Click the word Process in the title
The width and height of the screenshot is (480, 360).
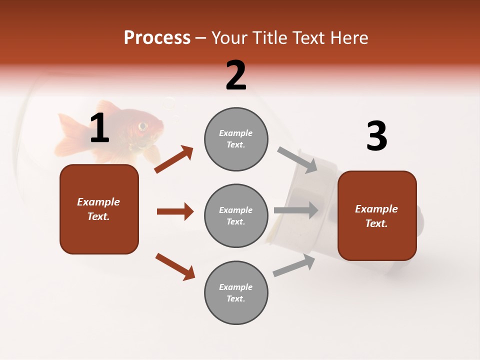[x=157, y=38]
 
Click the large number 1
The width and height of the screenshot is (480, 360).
[x=99, y=128]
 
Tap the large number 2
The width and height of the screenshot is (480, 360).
[x=236, y=75]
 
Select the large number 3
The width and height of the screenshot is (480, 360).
[x=376, y=137]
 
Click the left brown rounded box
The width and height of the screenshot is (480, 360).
[x=99, y=209]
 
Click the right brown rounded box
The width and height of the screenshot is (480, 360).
[x=377, y=216]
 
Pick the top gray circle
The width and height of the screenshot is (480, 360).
[x=236, y=139]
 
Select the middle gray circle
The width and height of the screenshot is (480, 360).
[x=236, y=215]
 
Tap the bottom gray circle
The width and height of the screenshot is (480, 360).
[x=236, y=292]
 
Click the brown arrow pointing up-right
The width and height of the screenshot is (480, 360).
[x=174, y=159]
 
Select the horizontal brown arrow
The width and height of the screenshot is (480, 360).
[x=175, y=211]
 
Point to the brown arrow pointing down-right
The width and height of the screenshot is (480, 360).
[x=175, y=266]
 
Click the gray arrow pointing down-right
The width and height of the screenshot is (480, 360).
[x=297, y=159]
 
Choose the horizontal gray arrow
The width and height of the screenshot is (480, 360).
[x=296, y=210]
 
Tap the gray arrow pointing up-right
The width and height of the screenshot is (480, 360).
[x=294, y=265]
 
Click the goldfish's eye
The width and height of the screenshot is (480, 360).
[x=143, y=125]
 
